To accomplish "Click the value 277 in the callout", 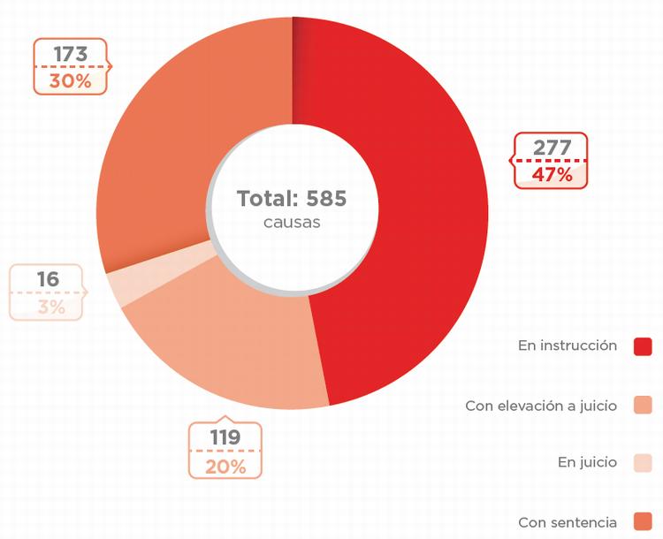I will click(552, 148).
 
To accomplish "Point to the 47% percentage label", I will click(552, 174).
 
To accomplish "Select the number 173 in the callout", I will click(70, 54).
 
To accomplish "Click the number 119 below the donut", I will click(225, 437).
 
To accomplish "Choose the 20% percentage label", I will click(225, 466).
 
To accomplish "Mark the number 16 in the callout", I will click(48, 279).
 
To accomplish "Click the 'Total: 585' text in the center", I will click(292, 199).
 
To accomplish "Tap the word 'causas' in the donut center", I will click(292, 222).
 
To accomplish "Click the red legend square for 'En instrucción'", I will click(643, 346).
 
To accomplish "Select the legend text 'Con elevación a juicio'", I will click(541, 406).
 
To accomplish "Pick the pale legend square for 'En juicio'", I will click(643, 463).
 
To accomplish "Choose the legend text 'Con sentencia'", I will click(568, 522).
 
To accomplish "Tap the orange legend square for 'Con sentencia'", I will click(643, 521).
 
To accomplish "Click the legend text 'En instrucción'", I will click(568, 345).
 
